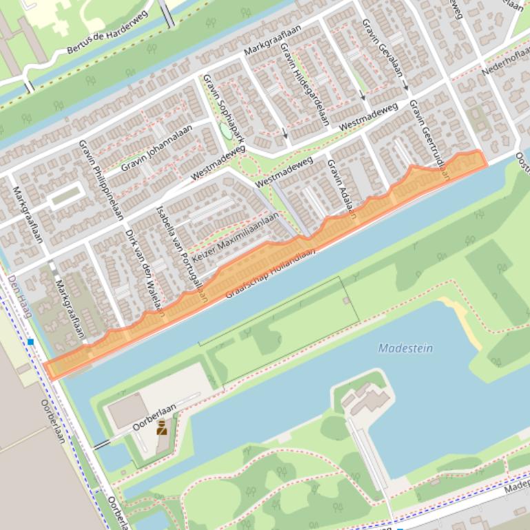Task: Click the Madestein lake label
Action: point(405,348)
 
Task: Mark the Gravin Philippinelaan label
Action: point(101,178)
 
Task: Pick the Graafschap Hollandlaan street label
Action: point(271,274)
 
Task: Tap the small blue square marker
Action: point(31,341)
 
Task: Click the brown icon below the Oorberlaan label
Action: point(162,428)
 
